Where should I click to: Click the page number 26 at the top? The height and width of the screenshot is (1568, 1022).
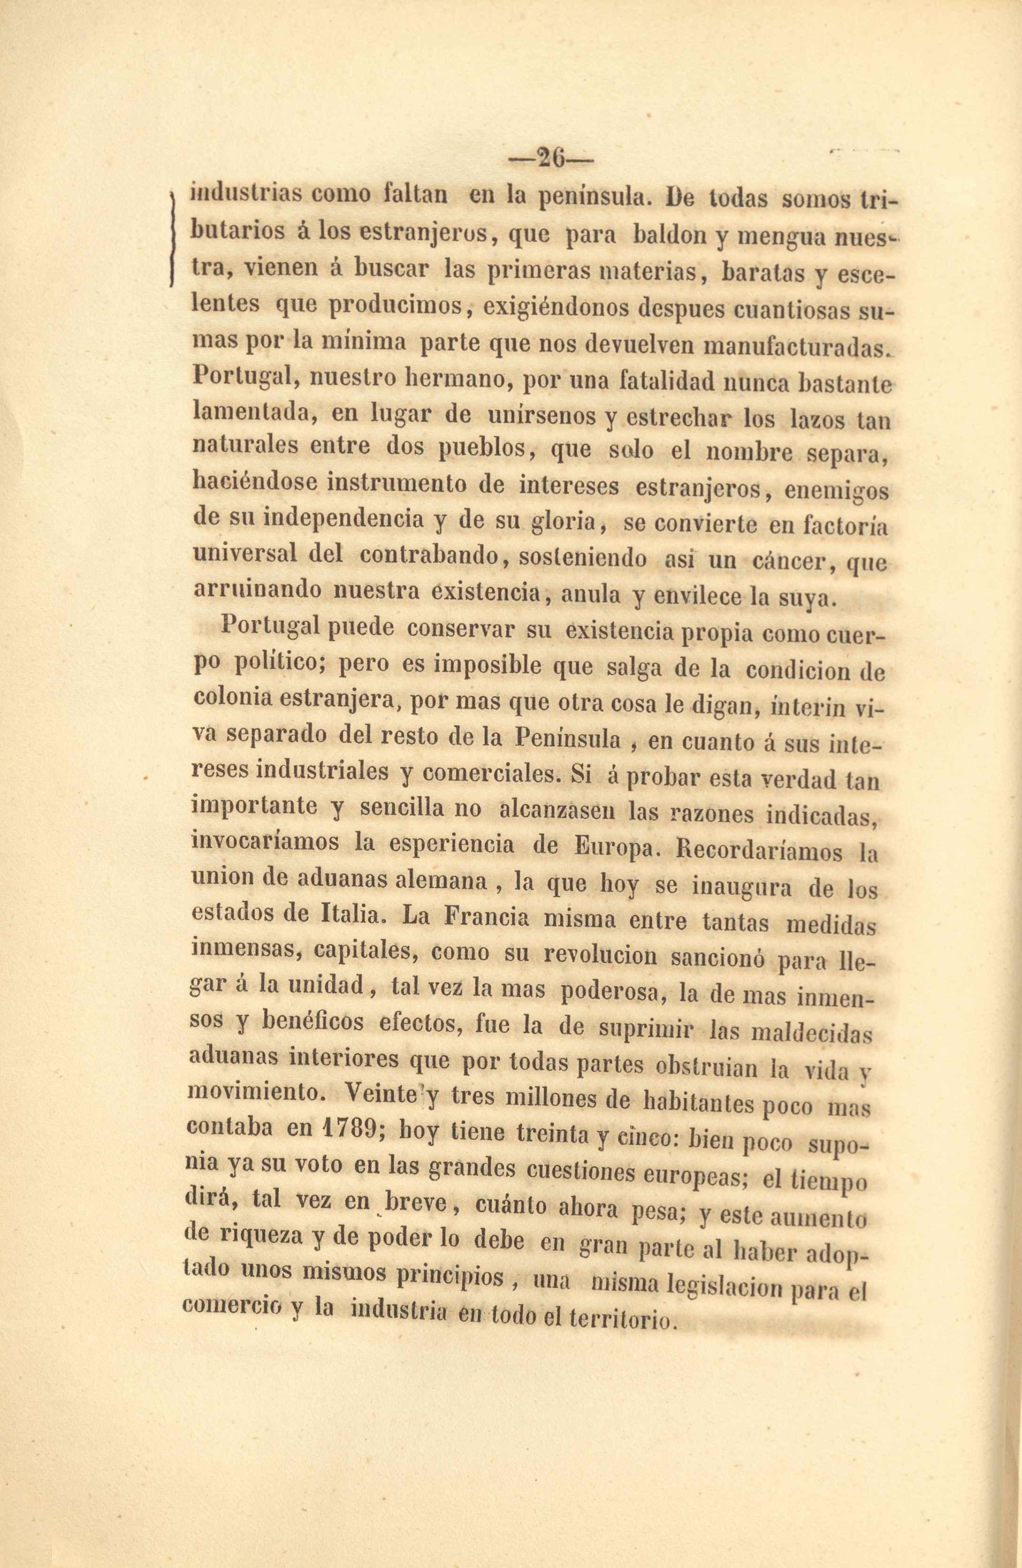tap(551, 159)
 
